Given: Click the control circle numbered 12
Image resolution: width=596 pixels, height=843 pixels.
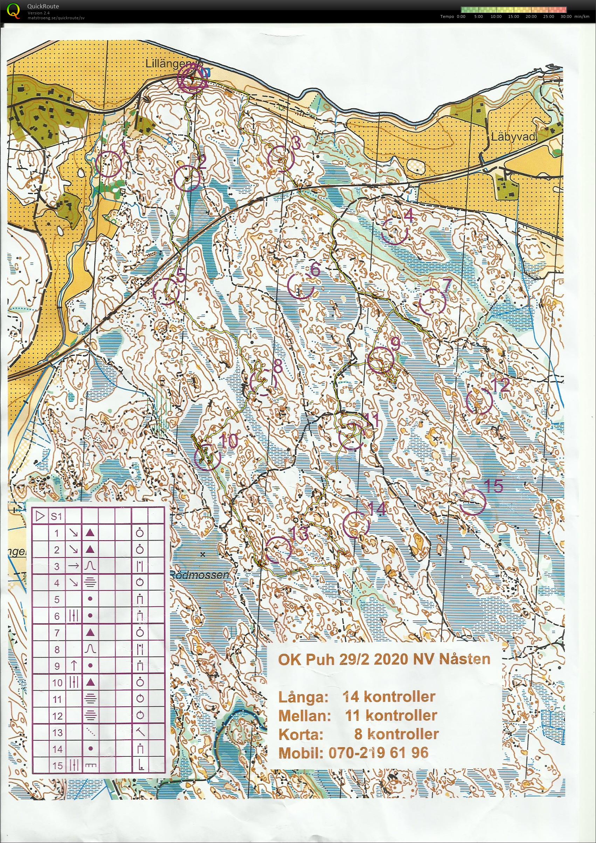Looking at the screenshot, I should click(x=479, y=401).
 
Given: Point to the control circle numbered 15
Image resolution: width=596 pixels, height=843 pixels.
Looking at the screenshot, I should click(x=473, y=501).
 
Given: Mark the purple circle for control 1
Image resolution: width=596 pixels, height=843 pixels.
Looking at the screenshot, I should click(x=109, y=164).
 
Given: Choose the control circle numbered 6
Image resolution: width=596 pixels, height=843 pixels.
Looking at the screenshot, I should click(x=300, y=286).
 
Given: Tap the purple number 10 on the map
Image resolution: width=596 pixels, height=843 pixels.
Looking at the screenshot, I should click(x=228, y=442).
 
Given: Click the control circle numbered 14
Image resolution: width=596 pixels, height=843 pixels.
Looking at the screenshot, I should click(x=355, y=524).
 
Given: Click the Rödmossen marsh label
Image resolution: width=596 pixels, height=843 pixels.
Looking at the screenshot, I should click(x=200, y=575).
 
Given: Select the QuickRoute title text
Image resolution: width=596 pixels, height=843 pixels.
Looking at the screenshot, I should click(x=43, y=6).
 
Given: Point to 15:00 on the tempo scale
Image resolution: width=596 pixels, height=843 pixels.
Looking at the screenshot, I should click(x=513, y=16).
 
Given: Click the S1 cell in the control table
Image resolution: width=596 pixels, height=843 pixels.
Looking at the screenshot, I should click(x=56, y=516).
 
